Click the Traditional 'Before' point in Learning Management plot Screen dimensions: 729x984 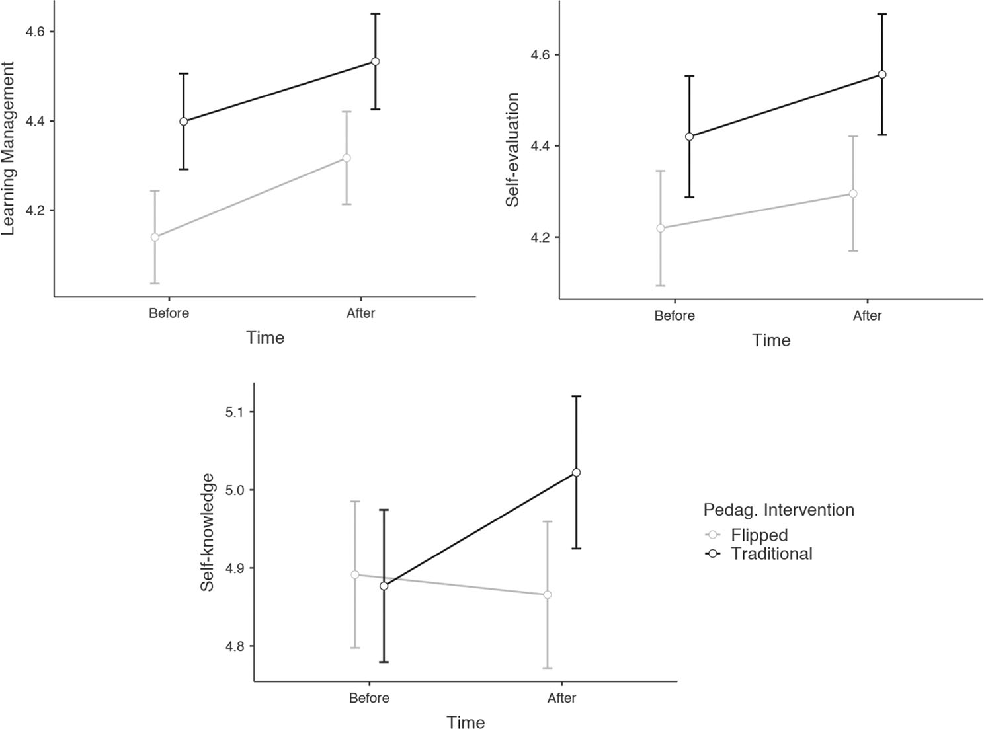(184, 122)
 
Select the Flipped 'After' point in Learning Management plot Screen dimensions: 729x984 (347, 158)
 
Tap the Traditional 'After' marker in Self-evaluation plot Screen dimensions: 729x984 (882, 75)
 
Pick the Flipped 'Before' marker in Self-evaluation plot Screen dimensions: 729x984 (660, 228)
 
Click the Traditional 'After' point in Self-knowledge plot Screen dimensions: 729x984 (576, 472)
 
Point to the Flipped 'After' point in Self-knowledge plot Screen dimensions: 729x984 (548, 595)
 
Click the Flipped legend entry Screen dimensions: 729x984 (759, 535)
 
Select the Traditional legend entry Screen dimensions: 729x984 (771, 553)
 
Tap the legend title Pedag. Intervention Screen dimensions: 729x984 (778, 510)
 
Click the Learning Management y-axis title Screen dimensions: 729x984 (9, 149)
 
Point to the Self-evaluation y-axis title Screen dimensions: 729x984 (512, 149)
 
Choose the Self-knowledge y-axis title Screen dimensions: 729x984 (208, 531)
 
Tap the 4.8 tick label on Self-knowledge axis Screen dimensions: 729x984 (235, 646)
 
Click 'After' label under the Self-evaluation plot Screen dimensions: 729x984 (867, 316)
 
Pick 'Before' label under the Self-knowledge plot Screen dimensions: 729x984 (369, 698)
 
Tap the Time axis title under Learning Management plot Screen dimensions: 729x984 (265, 338)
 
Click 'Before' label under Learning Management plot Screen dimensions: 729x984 (169, 313)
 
